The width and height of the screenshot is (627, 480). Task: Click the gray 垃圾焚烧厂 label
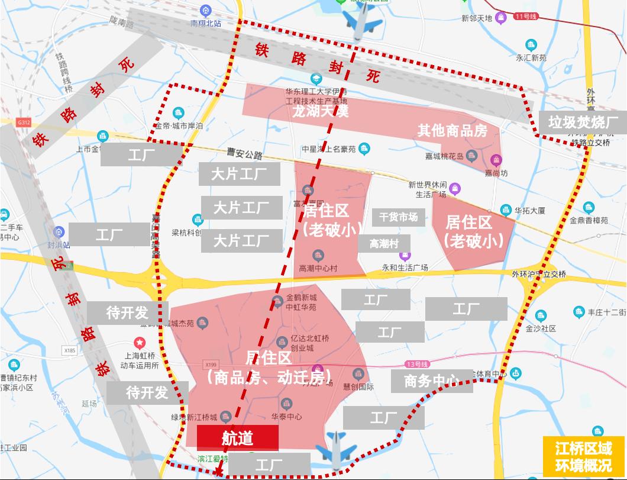[x=583, y=123]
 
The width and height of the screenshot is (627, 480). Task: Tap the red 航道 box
[x=237, y=438]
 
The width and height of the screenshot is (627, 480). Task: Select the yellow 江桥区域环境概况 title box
[x=583, y=456]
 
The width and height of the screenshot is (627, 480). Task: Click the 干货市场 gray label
[x=398, y=217]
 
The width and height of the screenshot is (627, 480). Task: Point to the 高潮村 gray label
[x=384, y=243]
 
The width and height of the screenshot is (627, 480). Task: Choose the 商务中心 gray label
[x=432, y=381]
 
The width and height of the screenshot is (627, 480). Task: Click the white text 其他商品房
[x=453, y=130]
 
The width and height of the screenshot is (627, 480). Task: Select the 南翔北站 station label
[x=205, y=23]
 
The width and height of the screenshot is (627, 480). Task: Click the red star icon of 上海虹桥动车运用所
[x=139, y=342]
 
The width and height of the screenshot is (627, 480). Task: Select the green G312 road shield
[x=24, y=123]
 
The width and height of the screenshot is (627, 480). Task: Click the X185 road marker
[x=70, y=350]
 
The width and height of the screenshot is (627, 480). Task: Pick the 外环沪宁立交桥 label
[x=539, y=274]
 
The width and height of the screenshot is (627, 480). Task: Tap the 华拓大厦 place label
[x=529, y=210]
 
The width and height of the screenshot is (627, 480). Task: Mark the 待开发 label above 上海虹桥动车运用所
[x=127, y=313]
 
